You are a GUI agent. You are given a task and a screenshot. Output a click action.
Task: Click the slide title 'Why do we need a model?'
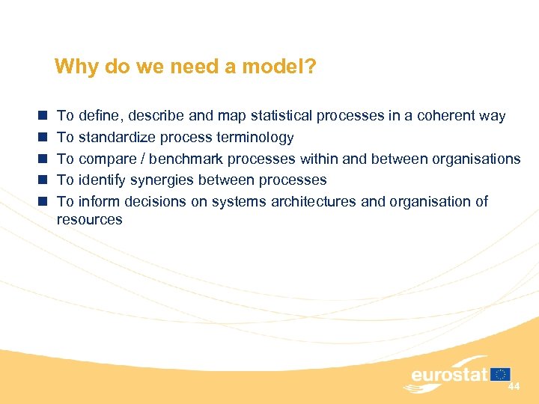185,67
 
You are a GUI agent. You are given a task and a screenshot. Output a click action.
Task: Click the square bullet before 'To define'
43,116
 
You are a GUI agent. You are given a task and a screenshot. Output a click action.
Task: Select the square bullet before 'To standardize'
43,137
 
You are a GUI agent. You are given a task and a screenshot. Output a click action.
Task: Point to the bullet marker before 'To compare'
43,159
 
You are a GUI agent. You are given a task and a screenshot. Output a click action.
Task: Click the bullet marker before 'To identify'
43,180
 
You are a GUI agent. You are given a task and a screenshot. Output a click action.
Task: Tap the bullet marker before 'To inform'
43,201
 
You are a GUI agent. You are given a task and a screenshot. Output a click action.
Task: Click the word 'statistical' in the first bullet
282,116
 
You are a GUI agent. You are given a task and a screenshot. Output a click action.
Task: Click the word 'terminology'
257,138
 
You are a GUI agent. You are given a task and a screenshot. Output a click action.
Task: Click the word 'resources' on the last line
89,220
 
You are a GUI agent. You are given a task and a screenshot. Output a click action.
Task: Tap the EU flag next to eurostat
502,373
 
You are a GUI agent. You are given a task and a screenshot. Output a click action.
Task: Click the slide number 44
514,387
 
